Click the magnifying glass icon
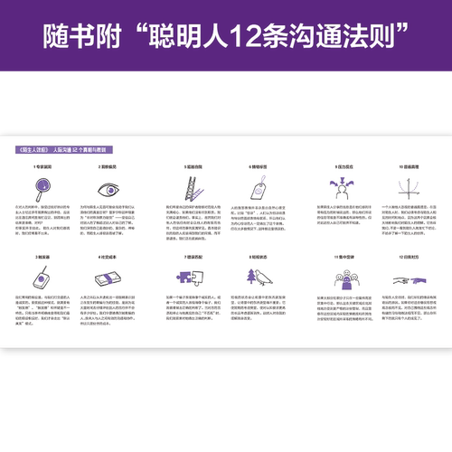click(x=38, y=192)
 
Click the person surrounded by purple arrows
click(x=336, y=191)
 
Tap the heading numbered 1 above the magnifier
click(x=38, y=167)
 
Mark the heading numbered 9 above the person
click(x=336, y=167)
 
